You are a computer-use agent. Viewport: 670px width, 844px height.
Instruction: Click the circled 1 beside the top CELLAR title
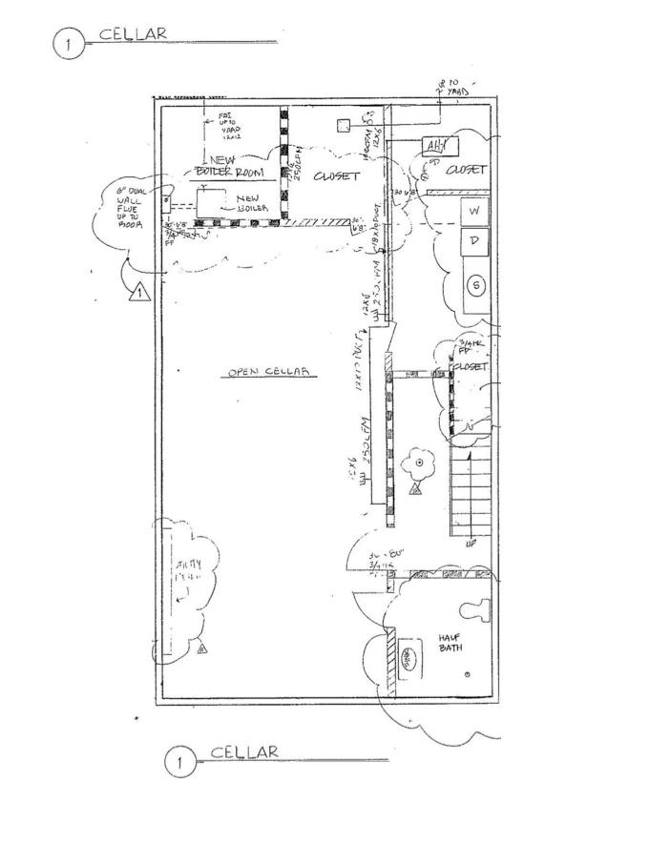(68, 44)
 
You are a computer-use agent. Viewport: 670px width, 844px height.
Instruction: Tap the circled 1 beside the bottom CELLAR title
(178, 762)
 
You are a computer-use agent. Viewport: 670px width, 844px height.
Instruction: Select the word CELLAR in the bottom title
(244, 752)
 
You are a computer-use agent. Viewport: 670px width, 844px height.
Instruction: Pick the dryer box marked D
(474, 242)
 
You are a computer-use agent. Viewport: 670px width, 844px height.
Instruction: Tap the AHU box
(440, 146)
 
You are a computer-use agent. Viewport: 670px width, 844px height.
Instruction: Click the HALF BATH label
(450, 642)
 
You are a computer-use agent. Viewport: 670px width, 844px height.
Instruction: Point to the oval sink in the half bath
(409, 660)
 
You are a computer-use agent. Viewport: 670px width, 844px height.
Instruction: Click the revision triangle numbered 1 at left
(138, 292)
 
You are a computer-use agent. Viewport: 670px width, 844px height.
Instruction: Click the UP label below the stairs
(471, 545)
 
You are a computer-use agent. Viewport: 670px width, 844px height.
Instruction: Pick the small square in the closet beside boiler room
(343, 125)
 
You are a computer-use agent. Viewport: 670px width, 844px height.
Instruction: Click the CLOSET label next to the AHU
(467, 170)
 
